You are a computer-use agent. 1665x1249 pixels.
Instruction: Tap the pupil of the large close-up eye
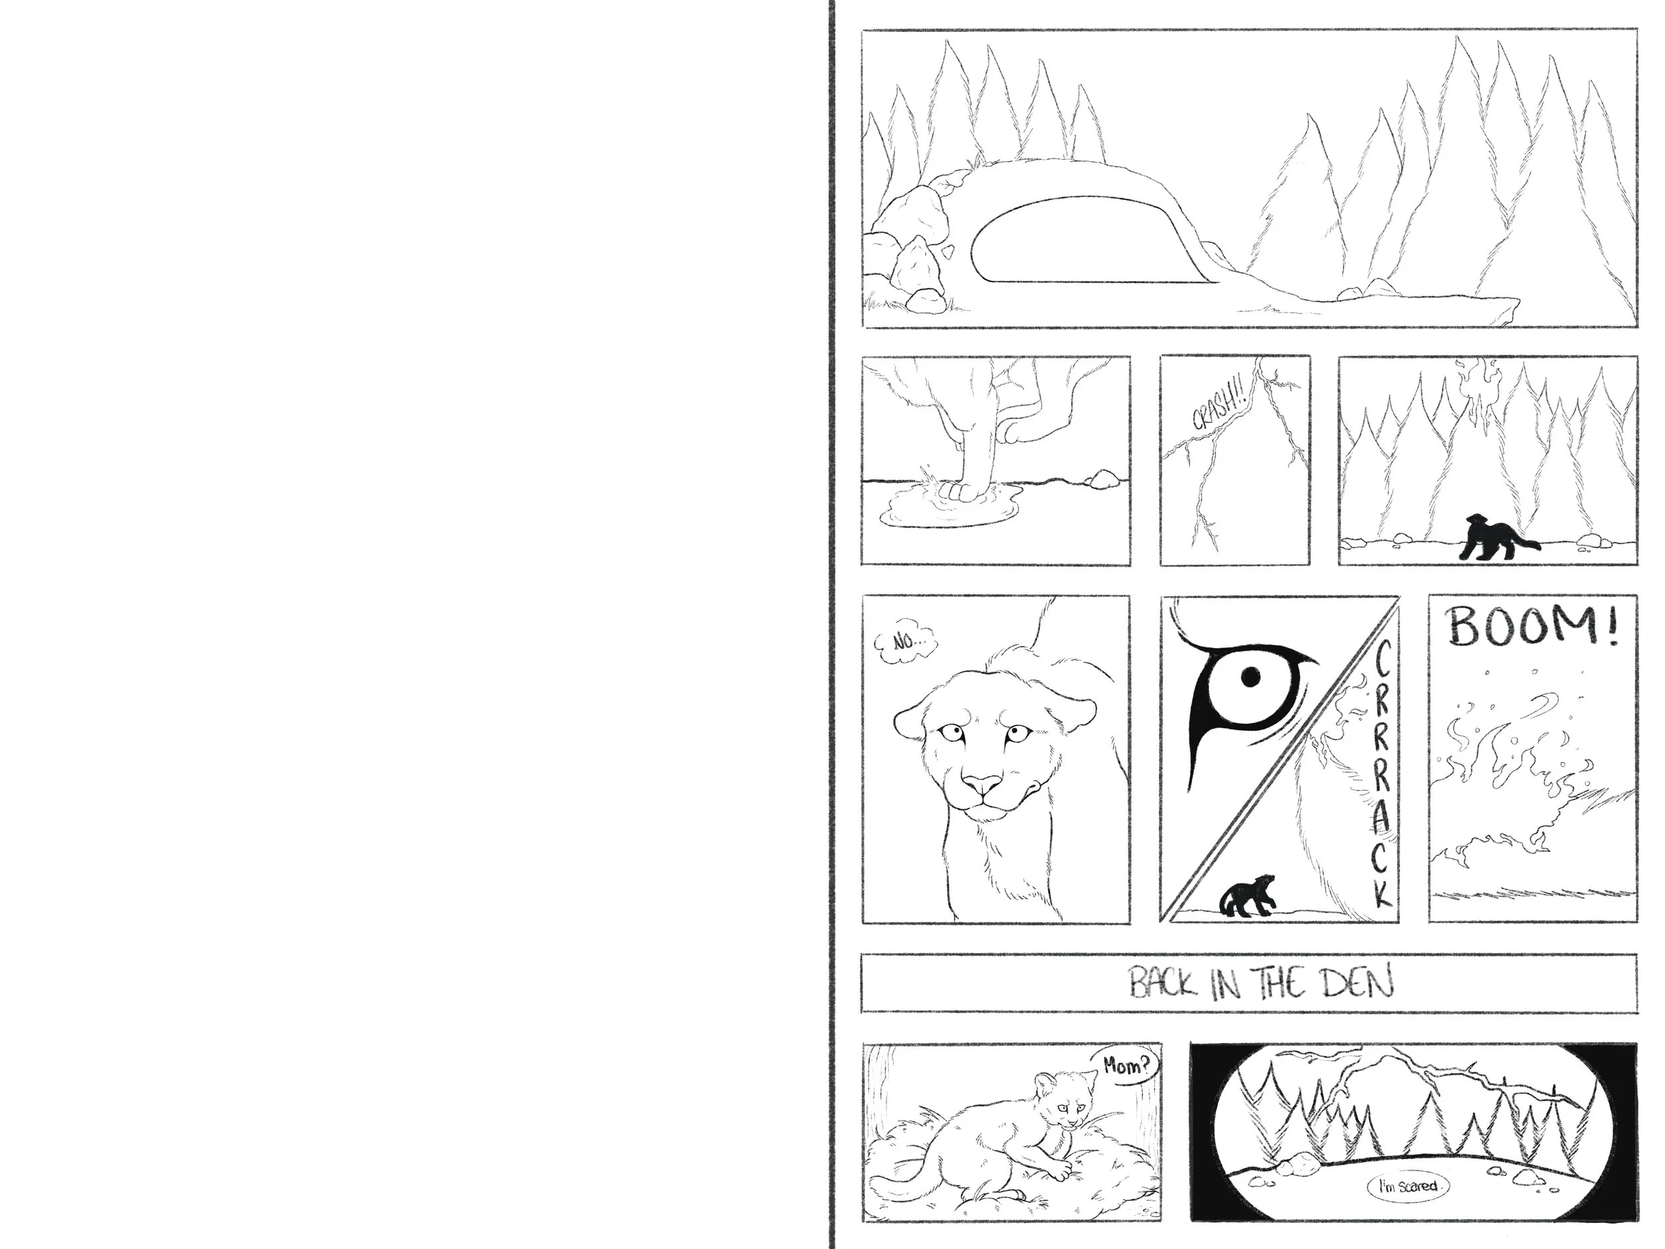(x=1250, y=675)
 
